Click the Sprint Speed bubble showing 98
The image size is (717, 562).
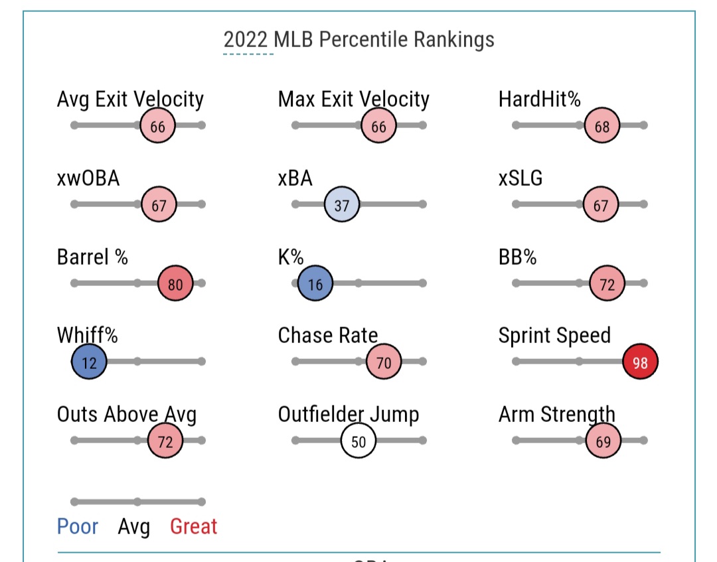pyautogui.click(x=641, y=362)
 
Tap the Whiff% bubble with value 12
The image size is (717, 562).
pyautogui.click(x=89, y=362)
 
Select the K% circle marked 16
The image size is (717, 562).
pyautogui.click(x=315, y=283)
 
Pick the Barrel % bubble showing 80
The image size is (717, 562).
pyautogui.click(x=175, y=283)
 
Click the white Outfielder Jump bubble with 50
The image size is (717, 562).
pyautogui.click(x=358, y=441)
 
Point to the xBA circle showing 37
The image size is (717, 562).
pyautogui.click(x=342, y=205)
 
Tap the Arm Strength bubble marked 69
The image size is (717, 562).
pyautogui.click(x=603, y=441)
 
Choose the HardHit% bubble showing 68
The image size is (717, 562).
pyautogui.click(x=602, y=125)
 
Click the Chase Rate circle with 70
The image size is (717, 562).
pyautogui.click(x=384, y=362)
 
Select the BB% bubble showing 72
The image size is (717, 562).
pyautogui.click(x=607, y=283)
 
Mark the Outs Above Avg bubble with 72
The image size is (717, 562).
pyautogui.click(x=165, y=441)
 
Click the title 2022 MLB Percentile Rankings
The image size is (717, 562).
pyautogui.click(x=358, y=39)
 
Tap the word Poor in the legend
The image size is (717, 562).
pyautogui.click(x=78, y=527)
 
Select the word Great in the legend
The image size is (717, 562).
pyautogui.click(x=194, y=527)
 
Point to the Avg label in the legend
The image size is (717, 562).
pyautogui.click(x=134, y=527)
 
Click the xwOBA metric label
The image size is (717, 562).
pyautogui.click(x=88, y=178)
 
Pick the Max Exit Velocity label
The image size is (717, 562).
pyautogui.click(x=353, y=100)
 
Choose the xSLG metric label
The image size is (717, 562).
pyautogui.click(x=520, y=178)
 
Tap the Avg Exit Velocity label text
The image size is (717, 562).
pyautogui.click(x=130, y=100)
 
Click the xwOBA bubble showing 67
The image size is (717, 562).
pyautogui.click(x=159, y=205)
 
